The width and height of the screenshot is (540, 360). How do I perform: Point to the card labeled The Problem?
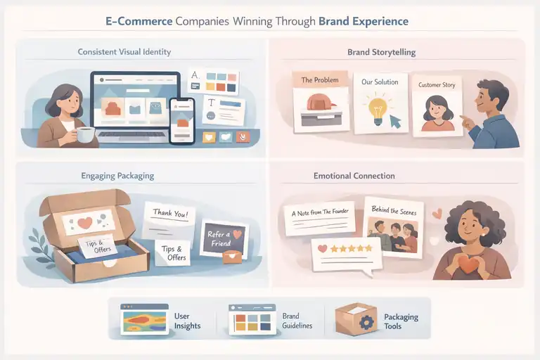tap(320, 102)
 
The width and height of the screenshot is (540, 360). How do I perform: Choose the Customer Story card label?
tap(436, 85)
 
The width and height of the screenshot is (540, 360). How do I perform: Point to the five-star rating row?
tap(345, 250)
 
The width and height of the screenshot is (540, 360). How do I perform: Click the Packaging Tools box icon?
tap(356, 320)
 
